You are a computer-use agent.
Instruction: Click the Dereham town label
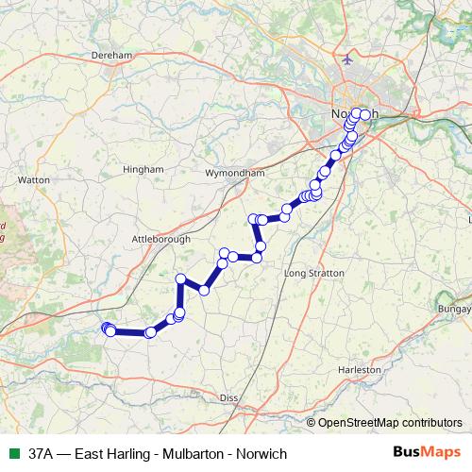click(110, 56)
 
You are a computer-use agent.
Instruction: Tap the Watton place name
click(33, 177)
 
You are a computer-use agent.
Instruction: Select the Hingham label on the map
click(143, 170)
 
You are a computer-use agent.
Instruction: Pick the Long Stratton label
click(313, 272)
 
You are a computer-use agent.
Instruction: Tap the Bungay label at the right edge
click(454, 309)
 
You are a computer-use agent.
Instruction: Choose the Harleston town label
click(365, 371)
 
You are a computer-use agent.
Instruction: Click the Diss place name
click(228, 398)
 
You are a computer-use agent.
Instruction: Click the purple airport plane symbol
click(348, 59)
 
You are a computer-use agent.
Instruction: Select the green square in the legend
click(14, 454)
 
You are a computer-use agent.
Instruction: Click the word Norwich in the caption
click(261, 454)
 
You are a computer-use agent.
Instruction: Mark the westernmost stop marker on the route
click(106, 328)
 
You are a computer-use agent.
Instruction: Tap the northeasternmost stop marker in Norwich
click(365, 114)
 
